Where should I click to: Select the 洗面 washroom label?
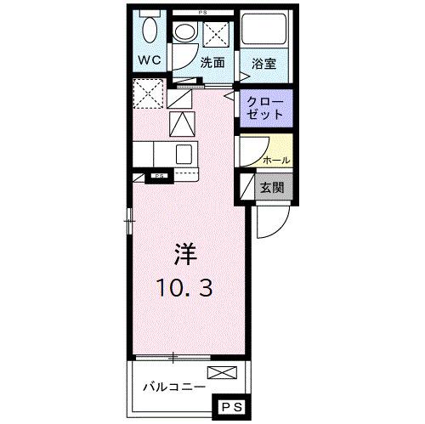pyautogui.click(x=212, y=62)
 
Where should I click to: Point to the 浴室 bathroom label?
pyautogui.click(x=263, y=62)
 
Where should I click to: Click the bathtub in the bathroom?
pyautogui.click(x=263, y=35)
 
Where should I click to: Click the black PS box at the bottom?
pyautogui.click(x=233, y=407)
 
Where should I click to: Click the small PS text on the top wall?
pyautogui.click(x=202, y=10)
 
